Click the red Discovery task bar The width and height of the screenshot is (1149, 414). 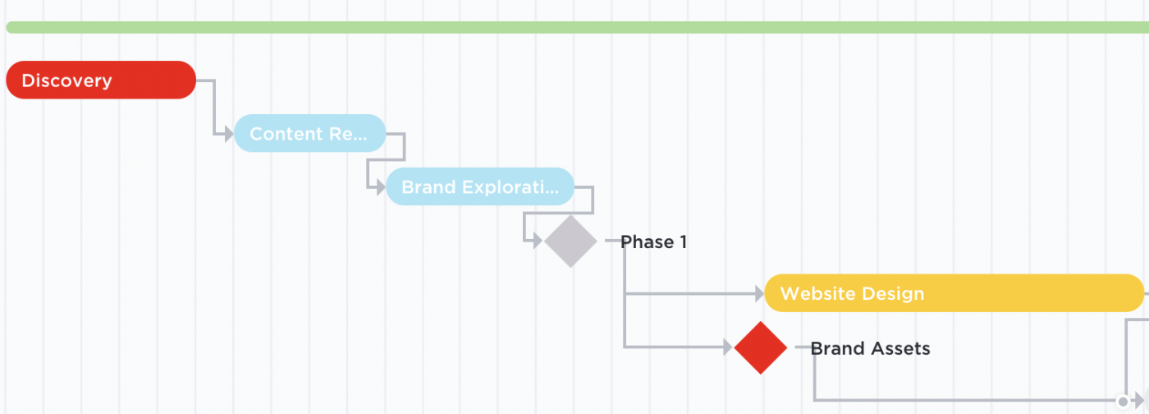(x=101, y=80)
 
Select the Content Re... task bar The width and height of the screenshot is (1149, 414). (x=309, y=133)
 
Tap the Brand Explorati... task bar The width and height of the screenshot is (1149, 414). (x=480, y=186)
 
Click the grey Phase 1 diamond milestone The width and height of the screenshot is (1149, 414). (x=570, y=241)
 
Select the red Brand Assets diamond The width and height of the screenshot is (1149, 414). (x=761, y=347)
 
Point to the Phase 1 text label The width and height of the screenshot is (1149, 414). (x=653, y=241)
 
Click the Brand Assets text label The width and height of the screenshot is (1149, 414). (x=870, y=348)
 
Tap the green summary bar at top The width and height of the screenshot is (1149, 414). (x=574, y=27)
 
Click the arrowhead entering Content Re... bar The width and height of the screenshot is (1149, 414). (x=229, y=133)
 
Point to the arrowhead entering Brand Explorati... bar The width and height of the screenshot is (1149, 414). (x=381, y=186)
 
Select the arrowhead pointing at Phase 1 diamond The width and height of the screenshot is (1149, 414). (x=538, y=241)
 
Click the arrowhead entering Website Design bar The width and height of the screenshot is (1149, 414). (x=758, y=293)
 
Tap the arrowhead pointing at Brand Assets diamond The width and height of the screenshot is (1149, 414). (x=727, y=347)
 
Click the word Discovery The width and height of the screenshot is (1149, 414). (x=66, y=80)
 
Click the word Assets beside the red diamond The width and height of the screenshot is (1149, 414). (x=901, y=348)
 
